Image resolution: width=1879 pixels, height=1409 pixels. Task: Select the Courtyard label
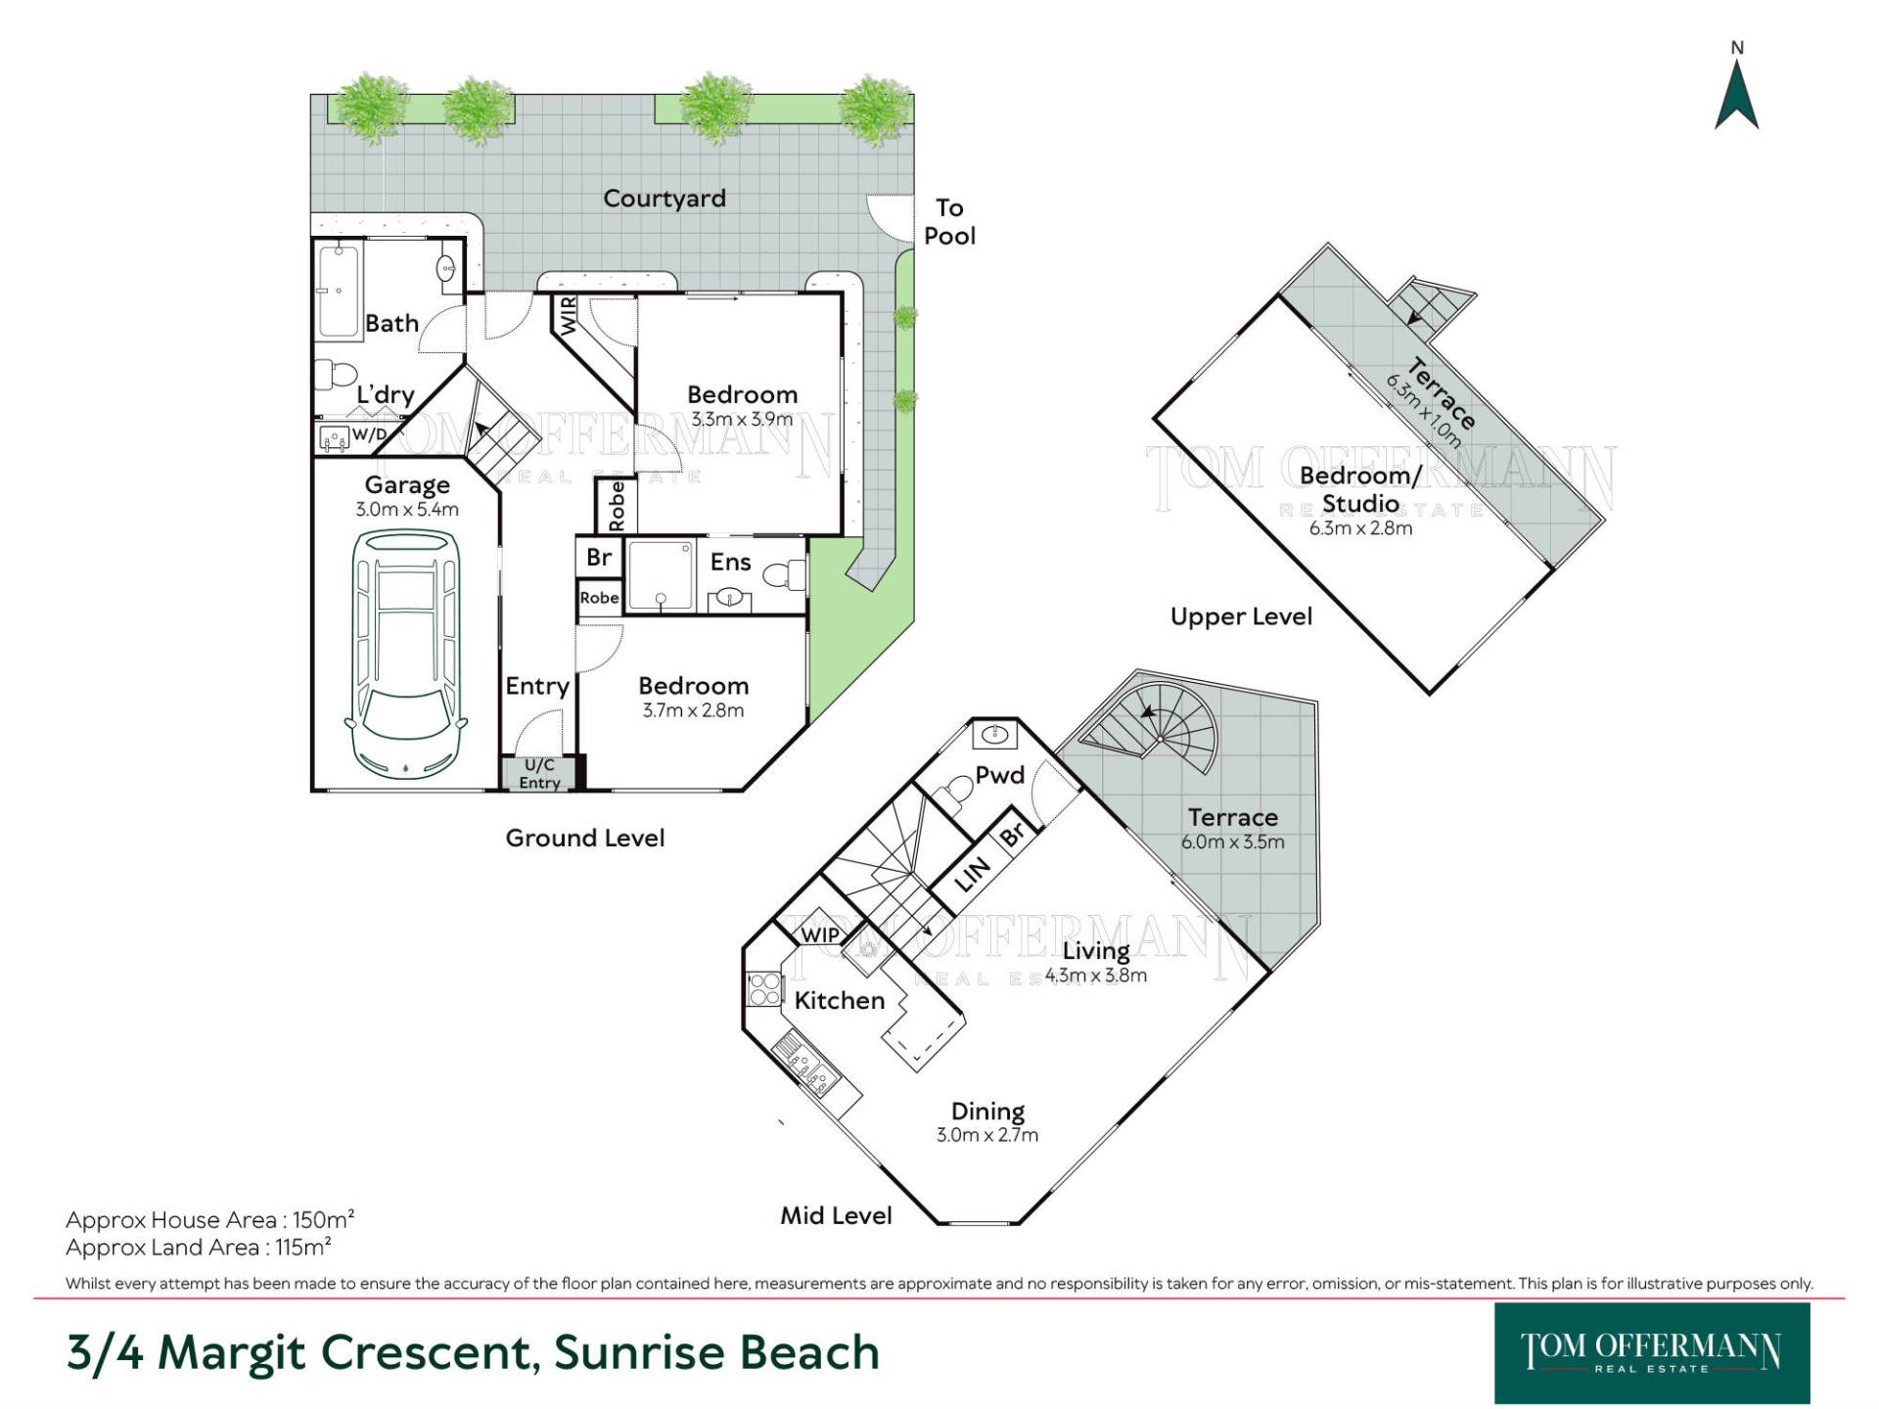(665, 199)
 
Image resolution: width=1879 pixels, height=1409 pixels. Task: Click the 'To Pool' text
(949, 222)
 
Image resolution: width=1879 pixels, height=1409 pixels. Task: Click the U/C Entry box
(539, 773)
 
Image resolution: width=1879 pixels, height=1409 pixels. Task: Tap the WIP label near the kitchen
(820, 934)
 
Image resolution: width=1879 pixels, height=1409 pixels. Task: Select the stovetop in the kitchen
(764, 988)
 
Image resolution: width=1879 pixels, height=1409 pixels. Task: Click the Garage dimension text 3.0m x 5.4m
(407, 510)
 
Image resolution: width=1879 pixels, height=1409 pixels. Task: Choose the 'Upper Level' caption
(1241, 617)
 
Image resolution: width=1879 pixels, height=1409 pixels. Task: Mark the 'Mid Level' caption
(836, 1216)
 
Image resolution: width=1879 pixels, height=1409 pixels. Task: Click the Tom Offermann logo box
(1652, 1353)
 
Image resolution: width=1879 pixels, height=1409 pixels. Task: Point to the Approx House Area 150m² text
(209, 1220)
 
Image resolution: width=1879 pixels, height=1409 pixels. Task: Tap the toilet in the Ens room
(784, 575)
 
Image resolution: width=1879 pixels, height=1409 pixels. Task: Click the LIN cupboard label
(973, 874)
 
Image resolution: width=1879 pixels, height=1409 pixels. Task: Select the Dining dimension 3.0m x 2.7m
(987, 1136)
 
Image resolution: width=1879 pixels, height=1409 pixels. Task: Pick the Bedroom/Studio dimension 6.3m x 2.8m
(1360, 528)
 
